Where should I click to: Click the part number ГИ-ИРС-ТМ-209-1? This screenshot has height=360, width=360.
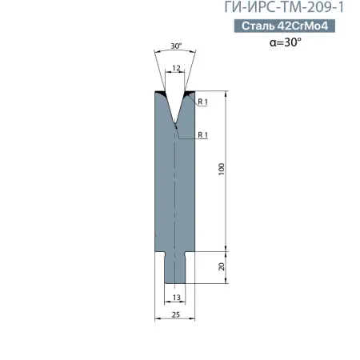(x=284, y=7)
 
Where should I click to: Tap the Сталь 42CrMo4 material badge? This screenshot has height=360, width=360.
(x=285, y=26)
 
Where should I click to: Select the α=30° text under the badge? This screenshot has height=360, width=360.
(x=286, y=42)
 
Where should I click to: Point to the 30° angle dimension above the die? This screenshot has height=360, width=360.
(x=176, y=46)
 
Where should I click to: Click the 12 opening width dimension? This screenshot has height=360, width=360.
(x=176, y=68)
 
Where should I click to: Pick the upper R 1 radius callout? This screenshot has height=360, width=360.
(x=202, y=102)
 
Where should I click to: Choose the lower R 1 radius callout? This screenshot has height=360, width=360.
(x=202, y=135)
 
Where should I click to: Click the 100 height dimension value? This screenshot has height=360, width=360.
(x=222, y=169)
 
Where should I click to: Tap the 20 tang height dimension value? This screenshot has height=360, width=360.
(x=222, y=266)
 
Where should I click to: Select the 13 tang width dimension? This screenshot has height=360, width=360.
(x=177, y=298)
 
